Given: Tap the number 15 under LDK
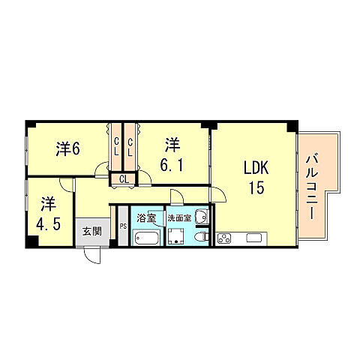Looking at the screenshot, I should point(255,188).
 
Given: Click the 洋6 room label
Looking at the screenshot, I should point(67,148).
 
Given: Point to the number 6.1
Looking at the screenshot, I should point(172,163).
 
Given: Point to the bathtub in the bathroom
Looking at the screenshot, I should point(145,238).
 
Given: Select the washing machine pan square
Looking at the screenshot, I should point(177,238).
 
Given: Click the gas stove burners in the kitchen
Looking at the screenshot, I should point(224,239).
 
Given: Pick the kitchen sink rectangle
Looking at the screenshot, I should point(252,239).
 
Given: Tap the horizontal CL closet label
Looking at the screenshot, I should point(123,178).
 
